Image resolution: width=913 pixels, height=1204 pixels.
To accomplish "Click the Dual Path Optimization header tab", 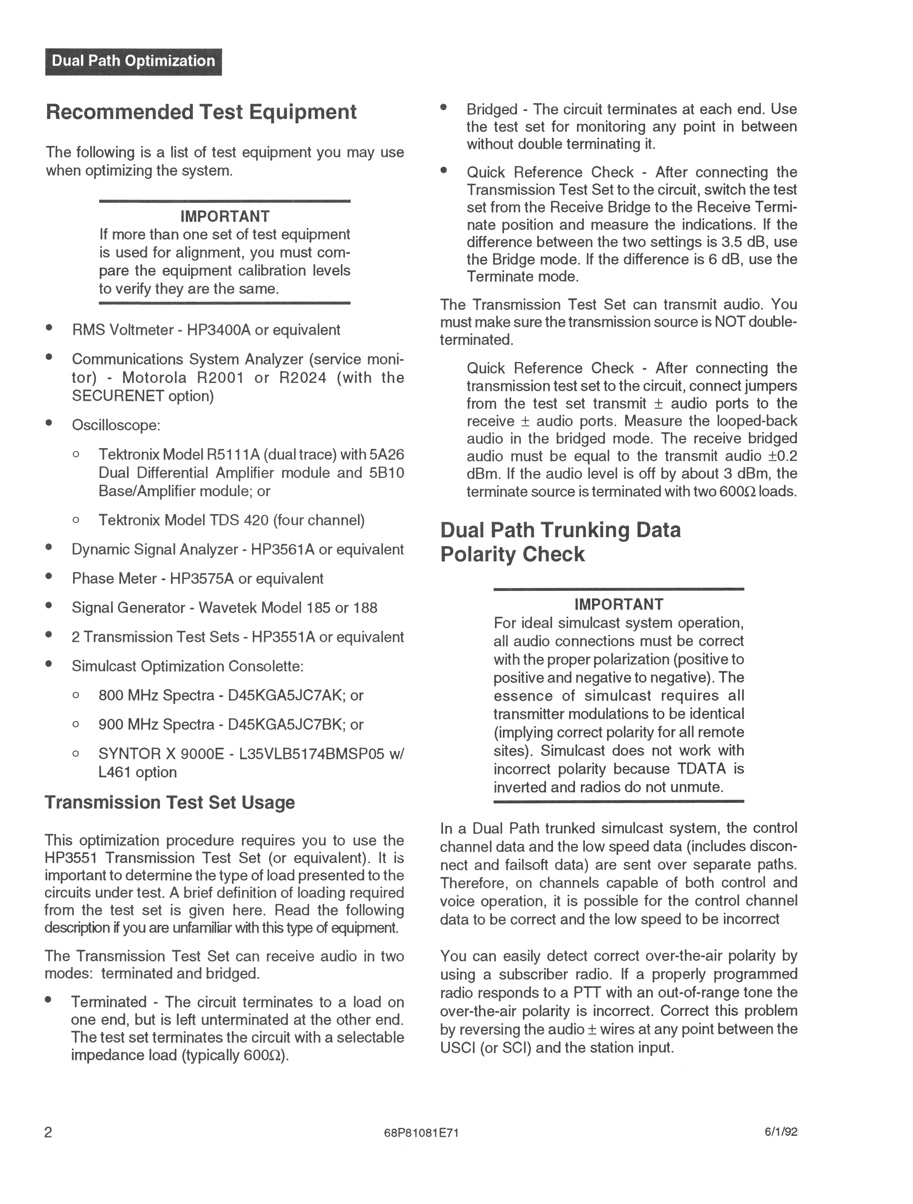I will (x=133, y=61).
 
